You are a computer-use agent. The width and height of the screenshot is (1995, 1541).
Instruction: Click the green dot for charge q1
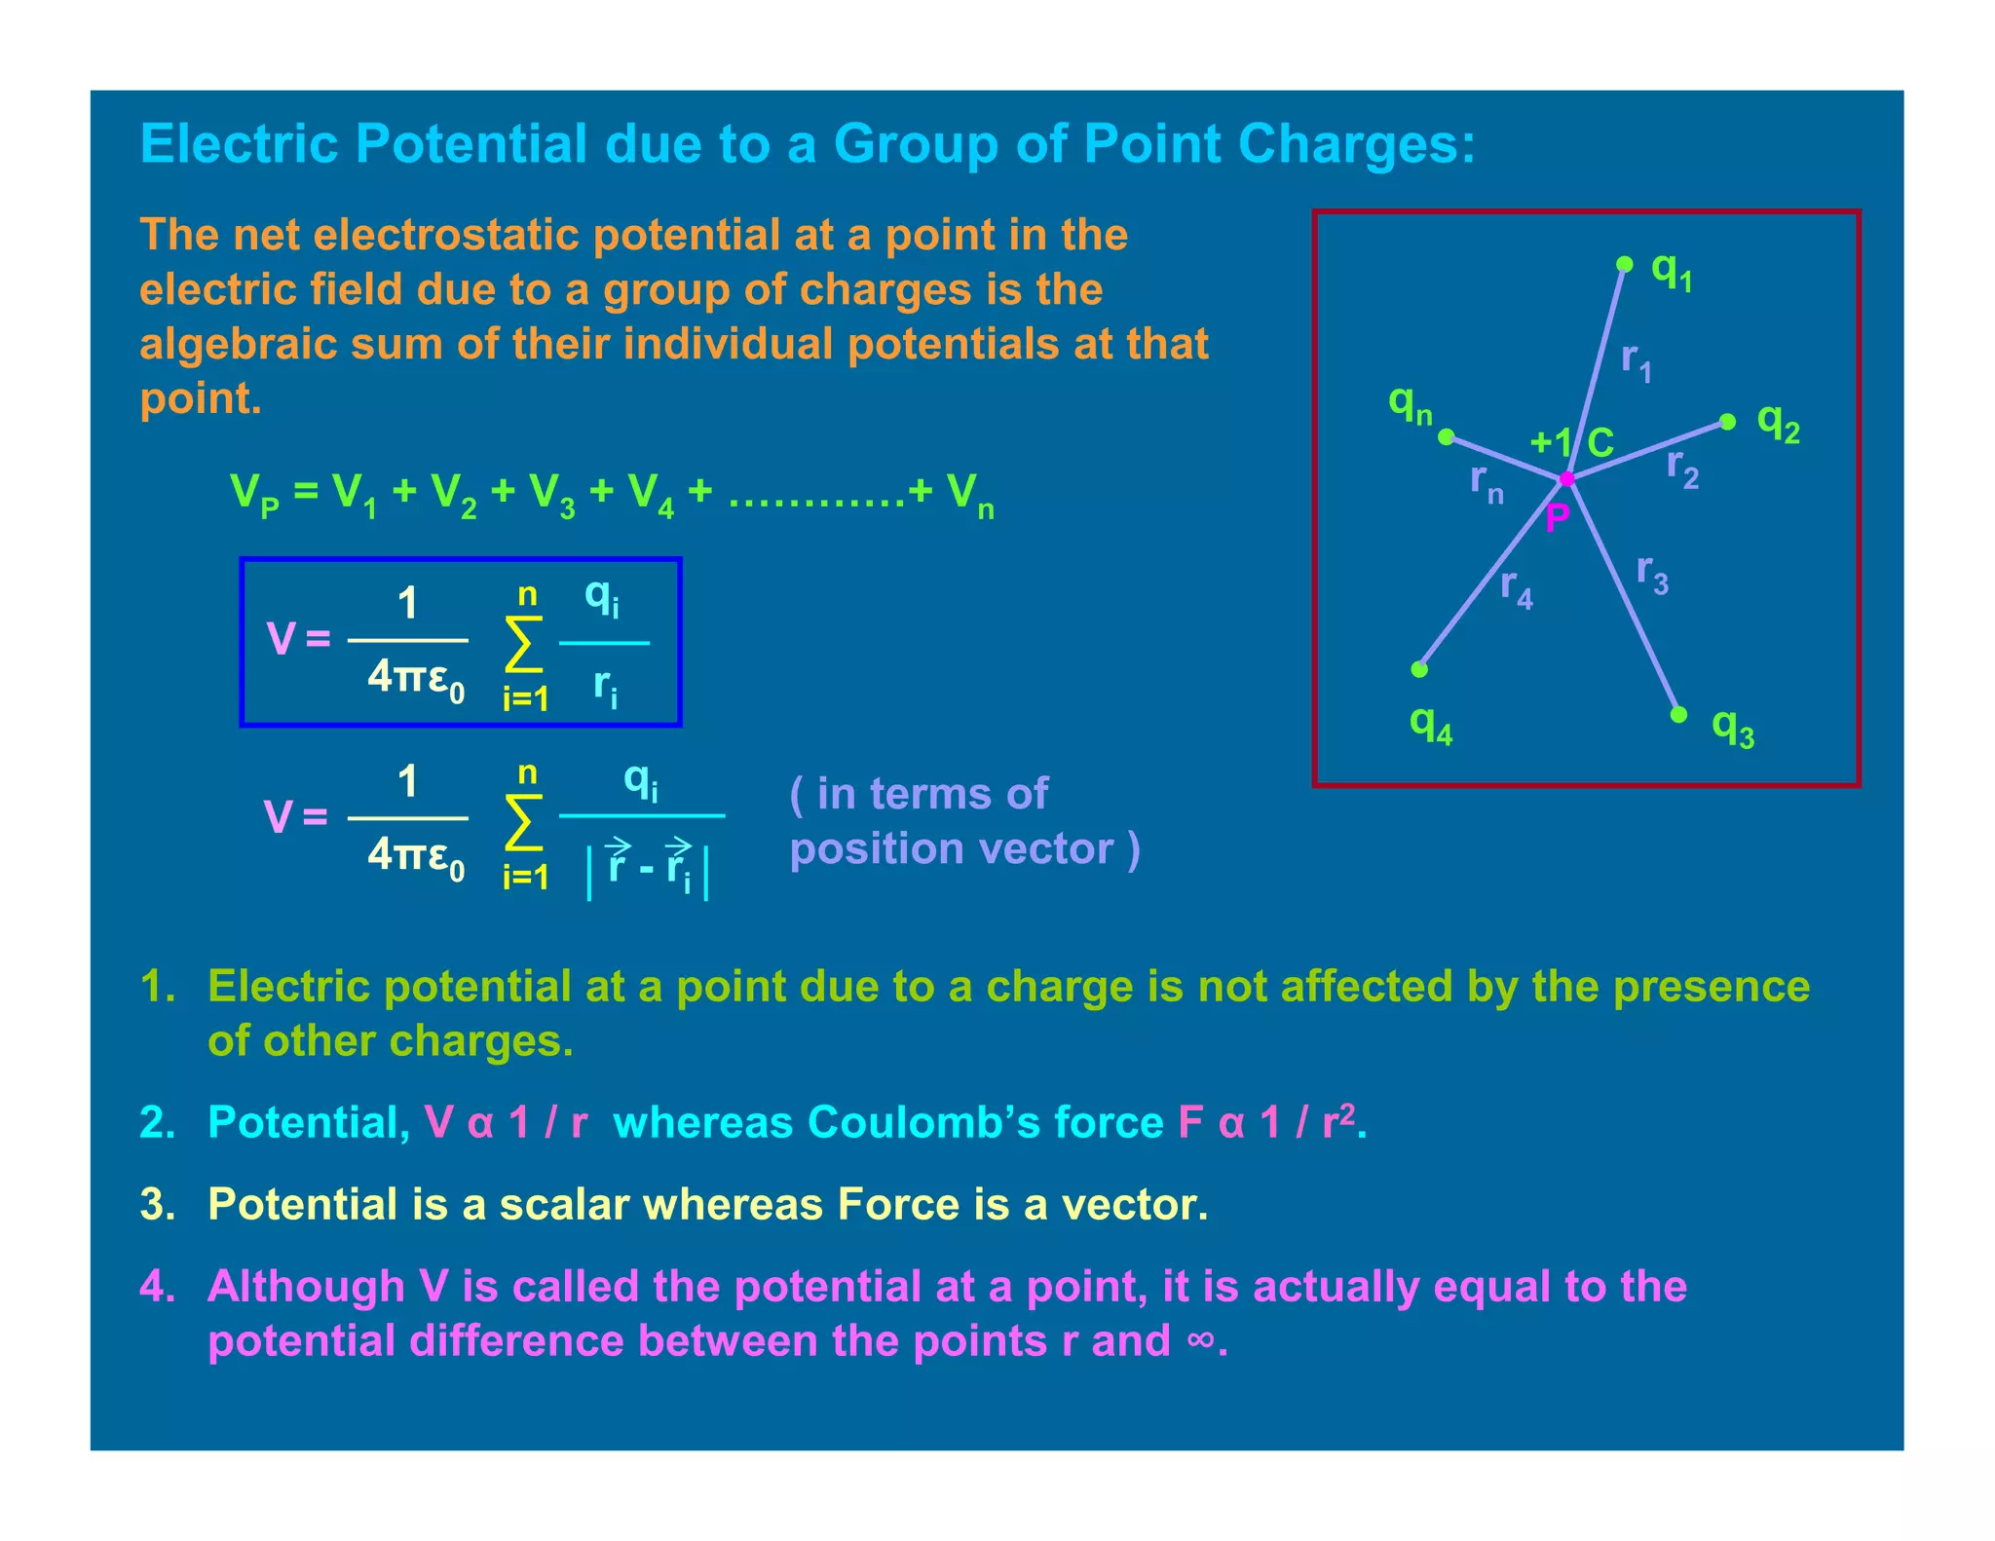tap(1624, 264)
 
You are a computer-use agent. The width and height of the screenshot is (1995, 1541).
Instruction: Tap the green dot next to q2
tap(1727, 422)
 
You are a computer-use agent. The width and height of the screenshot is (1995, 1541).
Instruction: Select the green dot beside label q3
tap(1678, 715)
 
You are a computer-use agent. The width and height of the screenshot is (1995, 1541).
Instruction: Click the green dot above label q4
tap(1419, 669)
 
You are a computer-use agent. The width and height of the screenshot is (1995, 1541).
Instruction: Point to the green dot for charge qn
tap(1447, 436)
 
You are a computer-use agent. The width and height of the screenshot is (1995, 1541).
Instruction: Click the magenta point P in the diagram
tap(1566, 479)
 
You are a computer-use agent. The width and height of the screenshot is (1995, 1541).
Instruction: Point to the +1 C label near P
tap(1570, 443)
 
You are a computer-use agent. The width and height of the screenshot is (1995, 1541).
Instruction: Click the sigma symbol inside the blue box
tap(523, 644)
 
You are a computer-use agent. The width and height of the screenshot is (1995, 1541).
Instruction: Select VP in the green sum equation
tap(254, 494)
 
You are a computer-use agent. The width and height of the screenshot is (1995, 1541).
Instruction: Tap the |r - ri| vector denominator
tap(648, 866)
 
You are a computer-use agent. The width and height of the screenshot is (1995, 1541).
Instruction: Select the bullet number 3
tap(157, 1205)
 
